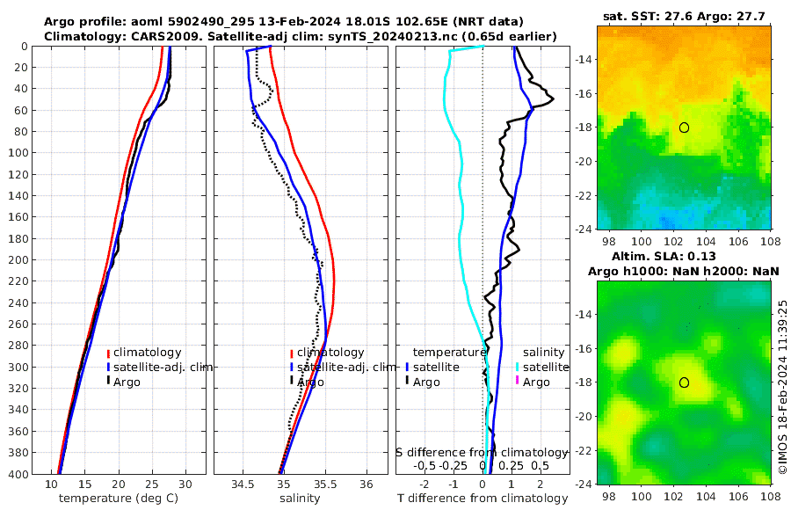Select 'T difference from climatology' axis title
483,499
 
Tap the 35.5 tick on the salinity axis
324,484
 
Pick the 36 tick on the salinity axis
366,484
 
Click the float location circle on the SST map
684,127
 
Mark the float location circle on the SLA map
684,382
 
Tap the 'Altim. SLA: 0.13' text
684,255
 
